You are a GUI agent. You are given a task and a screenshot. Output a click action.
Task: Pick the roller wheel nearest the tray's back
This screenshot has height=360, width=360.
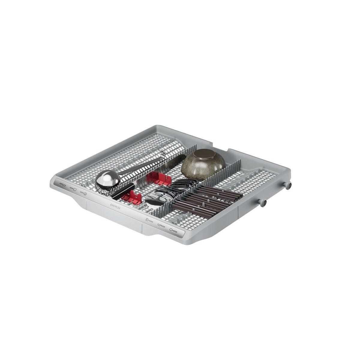tap(289, 186)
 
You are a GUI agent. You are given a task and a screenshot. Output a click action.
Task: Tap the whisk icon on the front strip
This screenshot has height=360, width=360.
tap(84, 193)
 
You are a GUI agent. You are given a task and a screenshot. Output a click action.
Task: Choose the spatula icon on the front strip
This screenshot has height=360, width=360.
tap(73, 189)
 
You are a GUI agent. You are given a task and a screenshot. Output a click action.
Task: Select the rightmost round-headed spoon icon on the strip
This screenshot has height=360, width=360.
tap(173, 230)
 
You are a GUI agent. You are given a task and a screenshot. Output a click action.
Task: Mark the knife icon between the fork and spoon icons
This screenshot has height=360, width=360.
tap(160, 225)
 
